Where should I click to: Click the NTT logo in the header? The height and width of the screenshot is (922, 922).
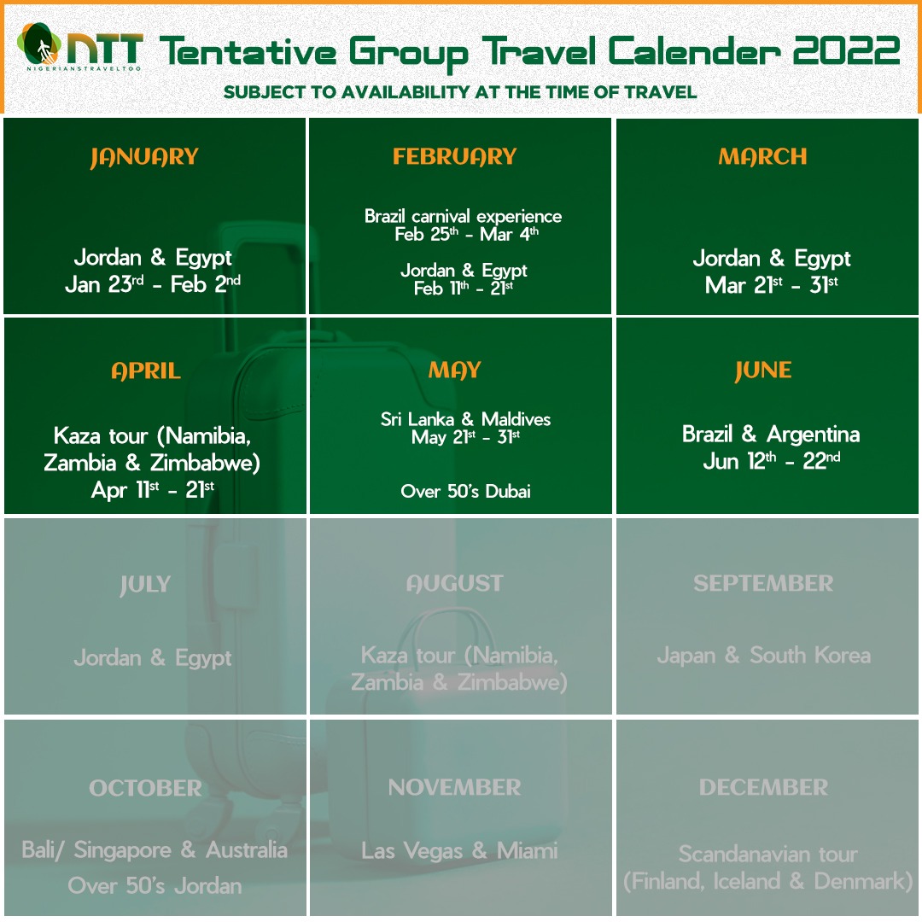click(80, 47)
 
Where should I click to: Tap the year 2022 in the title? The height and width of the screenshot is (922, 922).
click(846, 50)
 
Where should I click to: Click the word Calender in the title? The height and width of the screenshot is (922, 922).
click(694, 50)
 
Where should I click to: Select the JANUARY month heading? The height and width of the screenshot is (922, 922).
click(144, 157)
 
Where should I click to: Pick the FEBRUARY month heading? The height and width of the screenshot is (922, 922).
click(454, 156)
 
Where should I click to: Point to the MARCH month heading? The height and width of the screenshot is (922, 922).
click(762, 156)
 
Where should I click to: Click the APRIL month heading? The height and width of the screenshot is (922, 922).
click(146, 371)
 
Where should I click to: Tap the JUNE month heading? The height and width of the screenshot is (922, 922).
click(763, 371)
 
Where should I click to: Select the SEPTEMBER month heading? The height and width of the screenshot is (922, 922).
click(763, 583)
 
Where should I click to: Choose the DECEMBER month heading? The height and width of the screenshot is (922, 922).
click(763, 787)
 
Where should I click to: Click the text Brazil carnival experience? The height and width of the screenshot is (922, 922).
click(463, 216)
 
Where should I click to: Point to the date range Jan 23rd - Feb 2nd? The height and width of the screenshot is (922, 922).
click(153, 284)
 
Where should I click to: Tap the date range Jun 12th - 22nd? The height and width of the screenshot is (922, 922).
click(772, 461)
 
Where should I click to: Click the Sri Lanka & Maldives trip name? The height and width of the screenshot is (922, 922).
click(466, 418)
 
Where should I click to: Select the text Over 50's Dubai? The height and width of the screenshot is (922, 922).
click(466, 491)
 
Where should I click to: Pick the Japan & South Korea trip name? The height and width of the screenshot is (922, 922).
click(764, 655)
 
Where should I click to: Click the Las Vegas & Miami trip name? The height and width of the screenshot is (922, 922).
click(459, 851)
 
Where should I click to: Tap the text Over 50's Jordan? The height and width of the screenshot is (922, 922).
click(155, 885)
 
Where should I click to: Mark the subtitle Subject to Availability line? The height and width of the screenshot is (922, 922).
click(460, 92)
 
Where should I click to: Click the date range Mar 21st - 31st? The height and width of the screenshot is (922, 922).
click(772, 285)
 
